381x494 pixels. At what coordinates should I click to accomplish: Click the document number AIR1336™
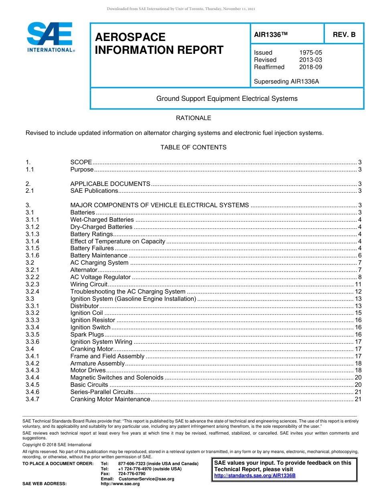[271, 35]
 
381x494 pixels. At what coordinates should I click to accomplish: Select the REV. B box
[344, 35]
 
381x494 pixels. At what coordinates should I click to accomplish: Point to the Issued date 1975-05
[310, 53]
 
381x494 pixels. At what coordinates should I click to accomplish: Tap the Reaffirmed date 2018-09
[310, 67]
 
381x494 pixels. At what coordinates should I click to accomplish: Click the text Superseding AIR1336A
[286, 82]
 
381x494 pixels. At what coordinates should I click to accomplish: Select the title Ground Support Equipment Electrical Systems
[227, 99]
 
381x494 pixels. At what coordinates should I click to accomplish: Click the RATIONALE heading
[193, 118]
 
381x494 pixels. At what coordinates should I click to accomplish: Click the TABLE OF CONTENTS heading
[193, 147]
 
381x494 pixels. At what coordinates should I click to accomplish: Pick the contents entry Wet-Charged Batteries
[102, 220]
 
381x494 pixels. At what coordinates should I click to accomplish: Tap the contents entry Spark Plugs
[87, 335]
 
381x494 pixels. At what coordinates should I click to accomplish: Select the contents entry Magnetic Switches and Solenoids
[117, 378]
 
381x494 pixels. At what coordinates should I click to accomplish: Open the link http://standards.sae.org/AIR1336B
[255, 476]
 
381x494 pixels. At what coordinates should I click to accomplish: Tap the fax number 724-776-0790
[132, 474]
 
